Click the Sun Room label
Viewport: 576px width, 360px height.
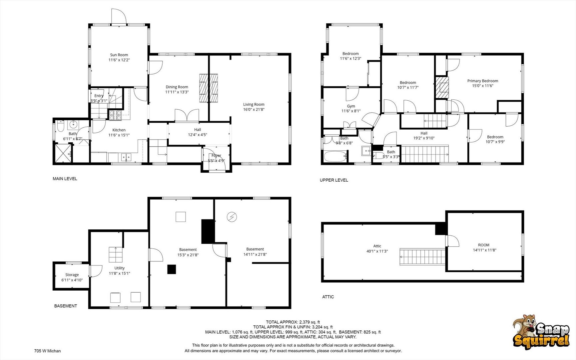pyautogui.click(x=119, y=55)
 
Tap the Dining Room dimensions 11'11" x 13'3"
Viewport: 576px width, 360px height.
pyautogui.click(x=177, y=92)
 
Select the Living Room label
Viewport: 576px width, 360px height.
pyautogui.click(x=254, y=104)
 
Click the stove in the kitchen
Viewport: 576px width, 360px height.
pyautogui.click(x=116, y=115)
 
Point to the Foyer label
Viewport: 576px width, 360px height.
pyautogui.click(x=216, y=156)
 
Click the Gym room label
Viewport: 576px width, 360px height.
pyautogui.click(x=351, y=106)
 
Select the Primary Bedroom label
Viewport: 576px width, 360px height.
pyautogui.click(x=482, y=81)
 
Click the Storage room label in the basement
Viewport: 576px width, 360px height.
pyautogui.click(x=72, y=275)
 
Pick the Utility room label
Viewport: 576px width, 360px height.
pyautogui.click(x=119, y=268)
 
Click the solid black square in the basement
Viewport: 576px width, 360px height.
pyautogui.click(x=171, y=269)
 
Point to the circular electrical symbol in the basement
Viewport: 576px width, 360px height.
pyautogui.click(x=232, y=217)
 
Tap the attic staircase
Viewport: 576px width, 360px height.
pyautogui.click(x=422, y=257)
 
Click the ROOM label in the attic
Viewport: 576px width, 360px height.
pyautogui.click(x=484, y=245)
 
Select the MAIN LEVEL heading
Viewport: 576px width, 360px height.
pyautogui.click(x=65, y=179)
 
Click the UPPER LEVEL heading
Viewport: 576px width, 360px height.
pyautogui.click(x=334, y=180)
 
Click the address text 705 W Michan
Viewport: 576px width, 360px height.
pyautogui.click(x=47, y=351)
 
